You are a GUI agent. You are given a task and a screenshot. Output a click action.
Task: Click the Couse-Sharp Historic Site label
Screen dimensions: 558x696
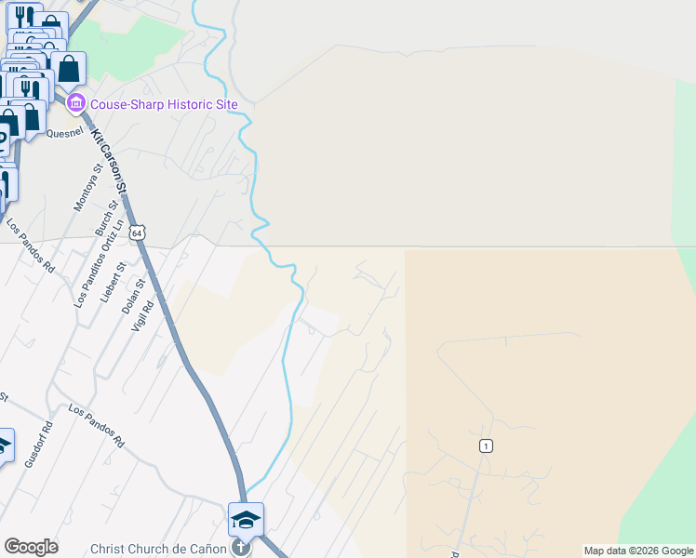(x=164, y=104)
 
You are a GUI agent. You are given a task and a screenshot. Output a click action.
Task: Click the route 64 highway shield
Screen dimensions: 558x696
(x=138, y=232)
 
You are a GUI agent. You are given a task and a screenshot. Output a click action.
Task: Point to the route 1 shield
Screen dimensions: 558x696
(x=486, y=446)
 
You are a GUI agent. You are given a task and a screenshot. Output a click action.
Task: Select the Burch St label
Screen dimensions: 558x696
(x=104, y=219)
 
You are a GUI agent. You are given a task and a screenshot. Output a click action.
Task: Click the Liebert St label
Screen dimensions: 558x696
(x=108, y=281)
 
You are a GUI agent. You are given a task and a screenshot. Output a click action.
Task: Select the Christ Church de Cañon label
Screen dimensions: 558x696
(x=158, y=549)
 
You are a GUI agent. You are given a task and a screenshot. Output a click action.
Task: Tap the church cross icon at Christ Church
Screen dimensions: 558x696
(x=241, y=548)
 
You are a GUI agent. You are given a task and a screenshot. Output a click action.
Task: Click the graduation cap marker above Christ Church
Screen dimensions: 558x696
(x=246, y=519)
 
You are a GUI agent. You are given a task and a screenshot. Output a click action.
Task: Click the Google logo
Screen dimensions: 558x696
(x=31, y=546)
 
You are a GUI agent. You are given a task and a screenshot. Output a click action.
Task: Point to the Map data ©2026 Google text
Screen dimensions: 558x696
(x=638, y=551)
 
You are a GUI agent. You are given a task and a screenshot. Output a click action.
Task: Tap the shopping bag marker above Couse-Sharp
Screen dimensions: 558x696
(x=69, y=69)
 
